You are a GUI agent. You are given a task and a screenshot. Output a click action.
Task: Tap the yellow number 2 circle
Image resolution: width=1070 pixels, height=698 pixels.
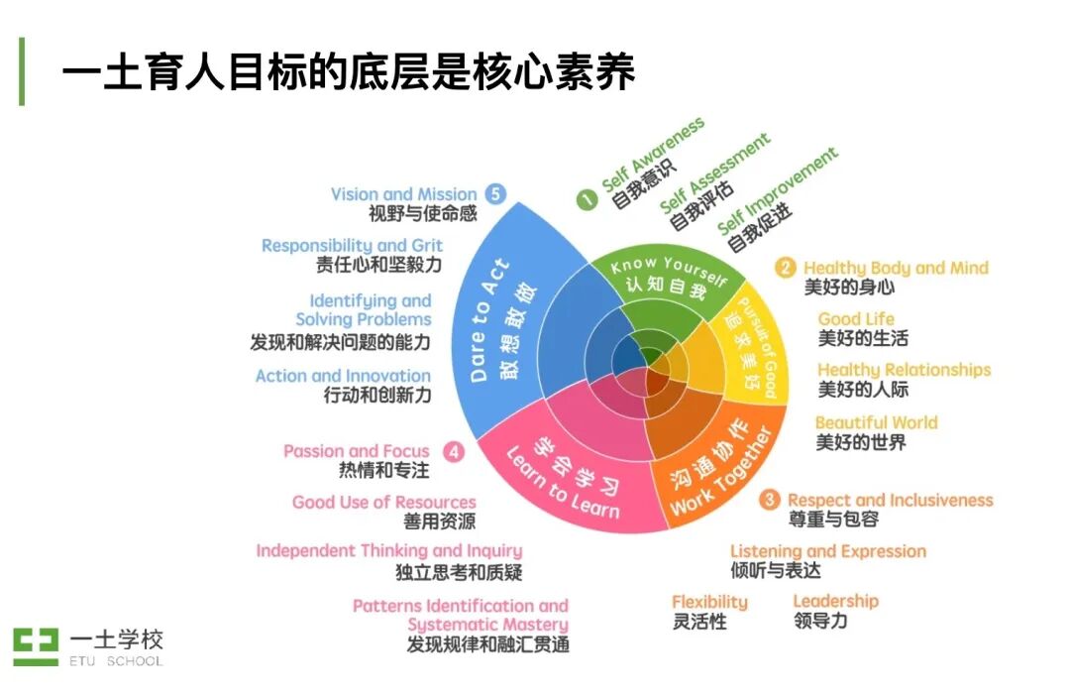(786, 268)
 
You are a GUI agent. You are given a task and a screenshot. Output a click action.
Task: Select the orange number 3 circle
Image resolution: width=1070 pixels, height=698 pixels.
(770, 500)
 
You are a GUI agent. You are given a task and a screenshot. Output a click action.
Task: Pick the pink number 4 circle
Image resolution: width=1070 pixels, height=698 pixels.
(453, 452)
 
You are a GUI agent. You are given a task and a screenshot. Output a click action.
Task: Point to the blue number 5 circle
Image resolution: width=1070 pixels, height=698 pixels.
(496, 194)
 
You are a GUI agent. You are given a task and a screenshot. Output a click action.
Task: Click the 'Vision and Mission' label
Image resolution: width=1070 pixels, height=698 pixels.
(403, 194)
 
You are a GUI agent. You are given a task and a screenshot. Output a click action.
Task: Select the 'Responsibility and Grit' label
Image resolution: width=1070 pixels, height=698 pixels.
(352, 245)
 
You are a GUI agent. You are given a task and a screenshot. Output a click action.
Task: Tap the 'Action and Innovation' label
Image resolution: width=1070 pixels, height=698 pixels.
(343, 376)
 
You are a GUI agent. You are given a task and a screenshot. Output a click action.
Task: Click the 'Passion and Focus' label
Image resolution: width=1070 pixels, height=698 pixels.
(357, 451)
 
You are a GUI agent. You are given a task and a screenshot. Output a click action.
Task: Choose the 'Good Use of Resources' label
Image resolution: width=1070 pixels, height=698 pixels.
(383, 502)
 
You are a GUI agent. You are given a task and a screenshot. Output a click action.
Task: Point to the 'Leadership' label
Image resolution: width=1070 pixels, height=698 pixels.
(835, 601)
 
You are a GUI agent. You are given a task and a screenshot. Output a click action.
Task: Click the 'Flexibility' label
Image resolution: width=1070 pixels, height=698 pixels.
(709, 602)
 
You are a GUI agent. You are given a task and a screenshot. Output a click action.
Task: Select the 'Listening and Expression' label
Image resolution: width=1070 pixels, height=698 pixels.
(828, 551)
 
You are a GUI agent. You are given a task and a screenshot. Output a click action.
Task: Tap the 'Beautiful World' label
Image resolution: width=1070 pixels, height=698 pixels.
(876, 422)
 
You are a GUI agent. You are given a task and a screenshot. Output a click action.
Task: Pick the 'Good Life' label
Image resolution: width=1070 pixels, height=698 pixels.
(856, 319)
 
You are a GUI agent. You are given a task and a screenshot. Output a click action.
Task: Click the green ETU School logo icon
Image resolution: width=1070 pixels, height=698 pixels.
(36, 646)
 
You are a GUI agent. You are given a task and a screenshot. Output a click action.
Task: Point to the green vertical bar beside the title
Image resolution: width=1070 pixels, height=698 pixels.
(22, 71)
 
